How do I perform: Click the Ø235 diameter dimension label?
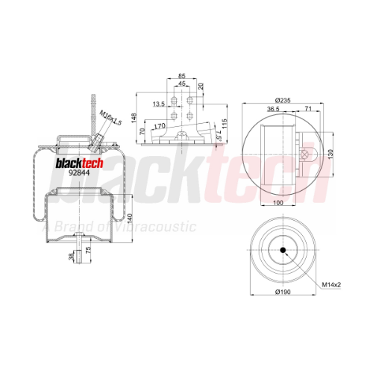click(283, 100)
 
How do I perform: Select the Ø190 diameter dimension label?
click(283, 292)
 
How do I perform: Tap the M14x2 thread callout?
click(331, 285)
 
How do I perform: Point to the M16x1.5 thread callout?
click(110, 118)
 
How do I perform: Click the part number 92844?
click(79, 173)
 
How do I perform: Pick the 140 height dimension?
click(130, 219)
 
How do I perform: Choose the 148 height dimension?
click(134, 118)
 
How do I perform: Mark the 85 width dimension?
click(182, 76)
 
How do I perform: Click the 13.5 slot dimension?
click(159, 104)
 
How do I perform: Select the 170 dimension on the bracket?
click(160, 126)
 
